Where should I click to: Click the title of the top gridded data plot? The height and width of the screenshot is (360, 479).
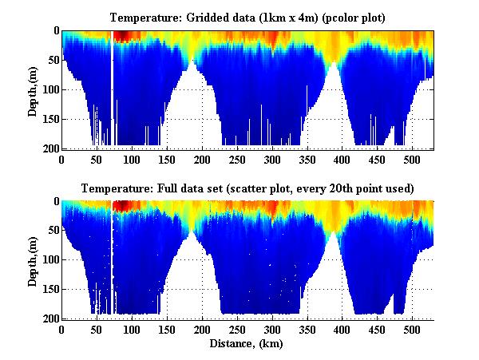(247, 18)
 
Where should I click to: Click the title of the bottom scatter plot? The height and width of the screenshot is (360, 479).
(247, 189)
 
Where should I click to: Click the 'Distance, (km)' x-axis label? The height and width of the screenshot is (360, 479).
(247, 345)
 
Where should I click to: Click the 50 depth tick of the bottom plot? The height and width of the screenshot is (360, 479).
(49, 231)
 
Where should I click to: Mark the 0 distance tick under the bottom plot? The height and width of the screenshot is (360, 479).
(61, 330)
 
